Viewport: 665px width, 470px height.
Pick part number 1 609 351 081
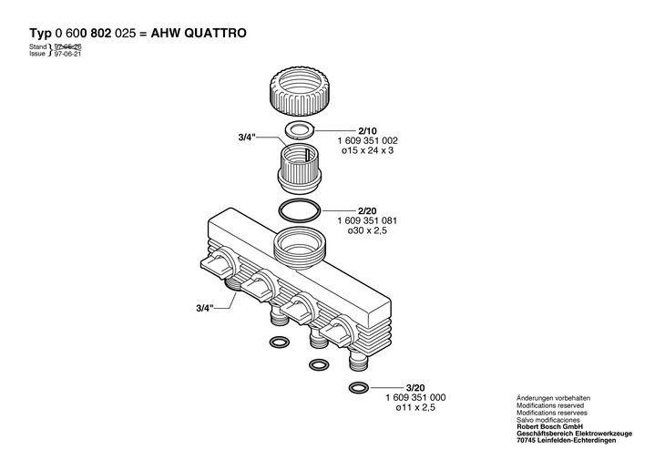coord(369,220)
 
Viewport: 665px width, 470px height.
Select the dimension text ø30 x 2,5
coord(369,231)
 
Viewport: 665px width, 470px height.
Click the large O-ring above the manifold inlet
coord(300,210)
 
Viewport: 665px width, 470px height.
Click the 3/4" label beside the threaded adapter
coord(247,138)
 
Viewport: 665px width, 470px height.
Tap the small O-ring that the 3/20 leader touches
coord(358,389)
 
